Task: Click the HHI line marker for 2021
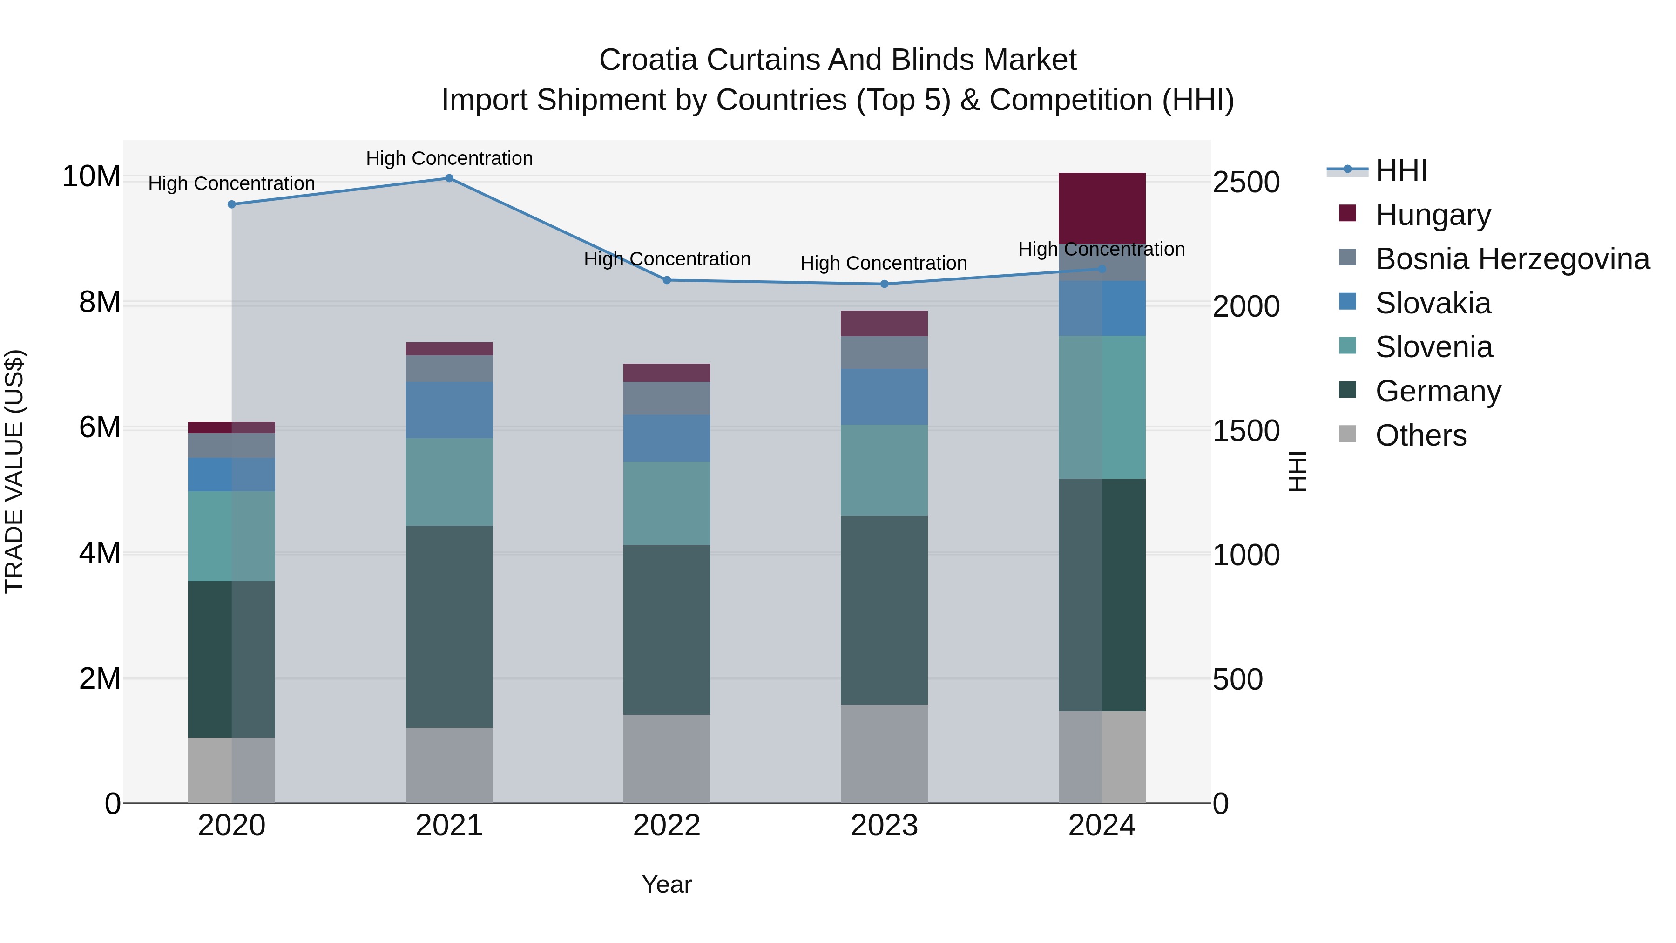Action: [x=449, y=178]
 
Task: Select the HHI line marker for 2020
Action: [x=232, y=204]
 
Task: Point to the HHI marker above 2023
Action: [x=884, y=284]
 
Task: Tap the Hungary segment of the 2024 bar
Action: [x=1102, y=208]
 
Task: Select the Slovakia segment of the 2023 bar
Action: [x=884, y=396]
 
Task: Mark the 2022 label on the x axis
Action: [x=666, y=826]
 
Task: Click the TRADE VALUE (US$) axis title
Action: [x=14, y=471]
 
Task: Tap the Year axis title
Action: [x=666, y=884]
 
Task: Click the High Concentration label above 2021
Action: [x=449, y=158]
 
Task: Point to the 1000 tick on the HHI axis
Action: [x=1246, y=555]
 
